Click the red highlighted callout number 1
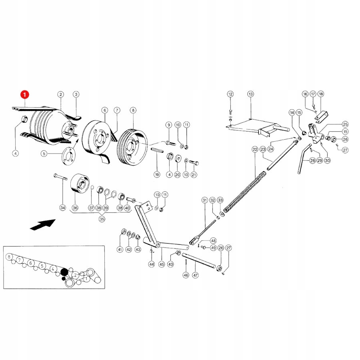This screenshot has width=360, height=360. [25, 95]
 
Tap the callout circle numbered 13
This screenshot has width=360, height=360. [250, 94]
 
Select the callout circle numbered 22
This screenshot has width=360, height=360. [255, 149]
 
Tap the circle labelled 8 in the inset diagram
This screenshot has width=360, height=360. [9, 257]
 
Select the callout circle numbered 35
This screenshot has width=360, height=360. [102, 219]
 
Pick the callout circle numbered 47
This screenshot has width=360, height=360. [195, 275]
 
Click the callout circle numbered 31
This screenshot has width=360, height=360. [204, 200]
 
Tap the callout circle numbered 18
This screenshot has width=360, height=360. [321, 94]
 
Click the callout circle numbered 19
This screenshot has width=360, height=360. [157, 174]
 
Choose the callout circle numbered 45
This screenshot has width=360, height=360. [162, 264]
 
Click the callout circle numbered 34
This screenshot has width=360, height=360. [62, 207]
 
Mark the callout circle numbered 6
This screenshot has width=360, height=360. [104, 110]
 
